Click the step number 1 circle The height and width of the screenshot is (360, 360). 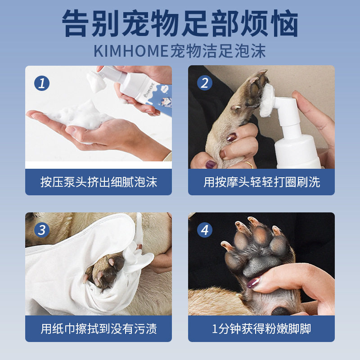pos(42,83)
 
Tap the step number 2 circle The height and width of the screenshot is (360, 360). pos(205,83)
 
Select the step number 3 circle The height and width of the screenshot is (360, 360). pos(42,230)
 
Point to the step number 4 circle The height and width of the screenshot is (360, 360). pos(205,230)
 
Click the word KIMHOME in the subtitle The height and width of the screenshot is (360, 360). pos(130,51)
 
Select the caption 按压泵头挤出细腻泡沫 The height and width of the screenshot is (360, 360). pos(99,182)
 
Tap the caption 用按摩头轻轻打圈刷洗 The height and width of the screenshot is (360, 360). pos(261,182)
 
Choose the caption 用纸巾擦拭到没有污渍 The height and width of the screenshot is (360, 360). pos(99,329)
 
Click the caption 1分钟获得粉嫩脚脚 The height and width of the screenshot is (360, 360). pos(261,329)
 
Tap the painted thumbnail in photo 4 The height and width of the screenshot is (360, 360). pos(254,283)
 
